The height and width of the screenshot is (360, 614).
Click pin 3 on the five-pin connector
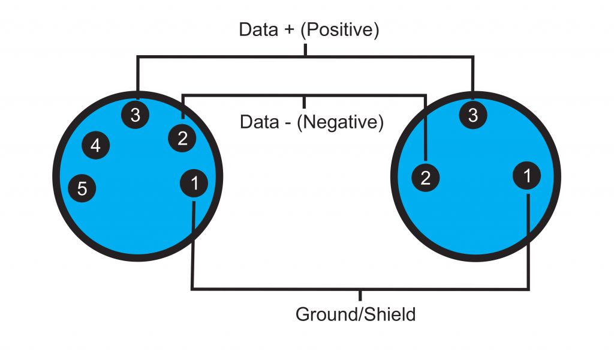136,115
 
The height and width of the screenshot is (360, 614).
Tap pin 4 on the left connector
96,145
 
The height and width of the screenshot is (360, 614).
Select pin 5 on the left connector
82,188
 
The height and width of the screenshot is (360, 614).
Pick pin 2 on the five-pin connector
182,138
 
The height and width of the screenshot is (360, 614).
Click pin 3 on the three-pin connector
473,115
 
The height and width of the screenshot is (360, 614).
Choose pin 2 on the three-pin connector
426,178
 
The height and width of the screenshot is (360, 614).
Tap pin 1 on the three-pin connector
527,176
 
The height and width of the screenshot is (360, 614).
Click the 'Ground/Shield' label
356,314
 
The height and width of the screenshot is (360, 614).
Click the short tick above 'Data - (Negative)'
305,100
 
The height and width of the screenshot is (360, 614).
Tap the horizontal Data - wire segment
252,94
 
